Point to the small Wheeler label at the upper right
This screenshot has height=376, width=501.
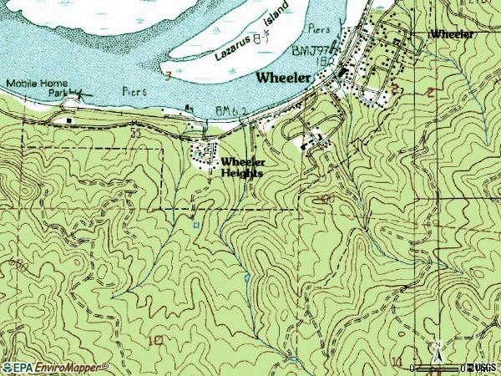[x=452, y=34]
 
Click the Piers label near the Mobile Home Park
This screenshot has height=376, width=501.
[x=134, y=90]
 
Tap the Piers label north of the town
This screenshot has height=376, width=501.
[x=321, y=27]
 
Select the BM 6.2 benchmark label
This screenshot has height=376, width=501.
[x=231, y=109]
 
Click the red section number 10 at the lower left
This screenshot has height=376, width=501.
[x=154, y=341]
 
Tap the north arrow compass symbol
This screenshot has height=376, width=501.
[x=436, y=350]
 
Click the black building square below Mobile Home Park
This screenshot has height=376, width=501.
[x=68, y=119]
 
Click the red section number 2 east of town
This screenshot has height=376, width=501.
[x=428, y=91]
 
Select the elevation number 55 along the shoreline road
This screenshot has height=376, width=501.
[x=134, y=132]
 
